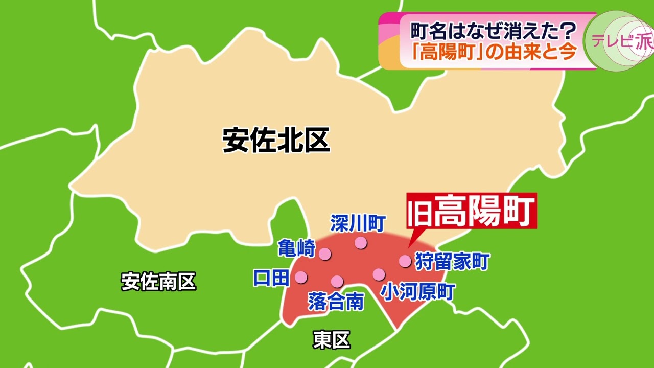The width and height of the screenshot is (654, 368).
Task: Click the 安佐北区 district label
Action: coord(276,141)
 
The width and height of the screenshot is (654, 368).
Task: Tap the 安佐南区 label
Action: coord(158,282)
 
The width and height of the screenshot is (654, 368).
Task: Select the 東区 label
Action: coord(332,340)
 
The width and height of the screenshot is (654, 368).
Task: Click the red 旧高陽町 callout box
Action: coord(472,211)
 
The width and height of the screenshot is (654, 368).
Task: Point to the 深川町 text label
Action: coord(358,223)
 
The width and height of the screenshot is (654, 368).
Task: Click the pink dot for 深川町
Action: coord(361,243)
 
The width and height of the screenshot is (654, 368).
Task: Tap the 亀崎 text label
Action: coord(297,248)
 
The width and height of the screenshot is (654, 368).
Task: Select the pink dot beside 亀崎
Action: coord(324,254)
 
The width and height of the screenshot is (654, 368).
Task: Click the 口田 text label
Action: coord(271,278)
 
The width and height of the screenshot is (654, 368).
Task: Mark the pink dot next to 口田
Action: coord(301,277)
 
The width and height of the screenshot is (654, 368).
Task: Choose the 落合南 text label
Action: coord(336,302)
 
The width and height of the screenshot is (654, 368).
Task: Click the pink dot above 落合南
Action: coord(337,281)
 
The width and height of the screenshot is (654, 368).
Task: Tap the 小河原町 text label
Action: coord(418,292)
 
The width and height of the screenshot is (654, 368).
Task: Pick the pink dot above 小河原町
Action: coord(379,274)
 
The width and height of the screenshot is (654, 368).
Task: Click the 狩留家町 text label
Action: coord(452,261)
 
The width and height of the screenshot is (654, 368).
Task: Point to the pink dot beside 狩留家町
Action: coord(405,261)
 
